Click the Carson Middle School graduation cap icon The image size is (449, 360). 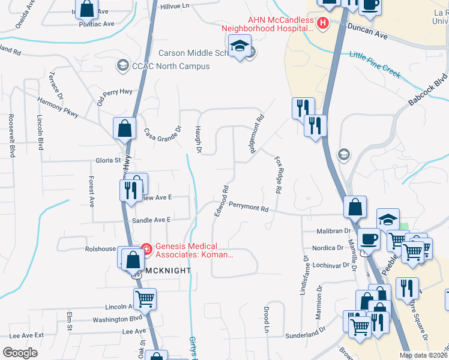coord(240,46)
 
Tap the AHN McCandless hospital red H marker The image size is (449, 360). coord(323,23)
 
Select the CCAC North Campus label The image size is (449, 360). coord(163,66)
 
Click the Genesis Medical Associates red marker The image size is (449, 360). coord(145,247)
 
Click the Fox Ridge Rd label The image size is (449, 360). coord(278,175)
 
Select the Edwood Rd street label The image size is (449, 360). coord(220,200)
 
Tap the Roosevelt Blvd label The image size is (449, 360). coord(11,136)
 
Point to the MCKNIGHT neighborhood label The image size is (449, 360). coord(168,271)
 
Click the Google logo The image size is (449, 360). coord(20,352)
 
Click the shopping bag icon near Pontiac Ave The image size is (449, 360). coord(87,8)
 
